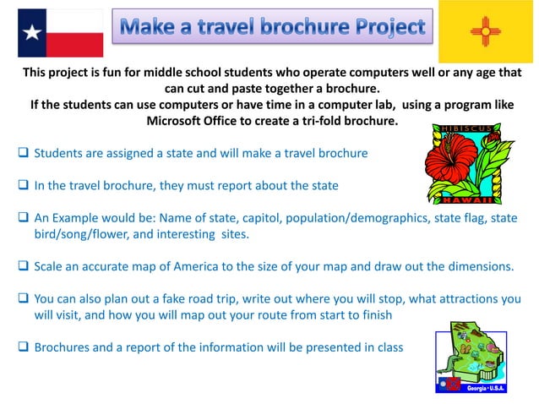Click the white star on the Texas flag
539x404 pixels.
tap(33, 33)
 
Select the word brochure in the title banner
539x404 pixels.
tap(296, 27)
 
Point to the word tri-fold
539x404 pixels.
tap(313, 121)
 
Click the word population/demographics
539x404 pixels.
tap(351, 217)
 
